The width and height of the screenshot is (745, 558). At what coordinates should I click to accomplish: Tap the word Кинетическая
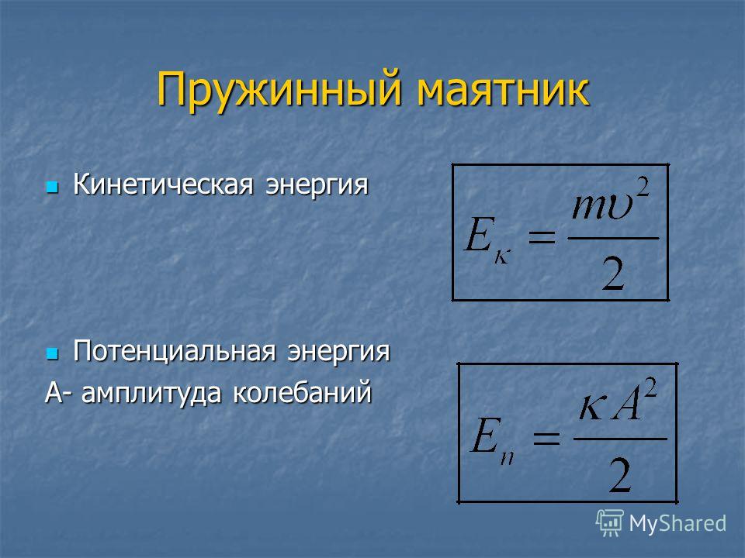[x=163, y=184]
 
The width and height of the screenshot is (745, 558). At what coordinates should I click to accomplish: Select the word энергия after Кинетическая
[x=317, y=185]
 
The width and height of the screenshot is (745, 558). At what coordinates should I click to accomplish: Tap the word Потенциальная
[x=175, y=350]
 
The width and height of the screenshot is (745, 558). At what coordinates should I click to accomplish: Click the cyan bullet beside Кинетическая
[x=52, y=187]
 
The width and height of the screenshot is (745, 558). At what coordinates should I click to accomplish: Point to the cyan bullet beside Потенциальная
[x=52, y=353]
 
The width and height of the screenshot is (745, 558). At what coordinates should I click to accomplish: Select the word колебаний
[x=302, y=392]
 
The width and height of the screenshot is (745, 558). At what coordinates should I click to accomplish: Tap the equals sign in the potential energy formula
[x=546, y=437]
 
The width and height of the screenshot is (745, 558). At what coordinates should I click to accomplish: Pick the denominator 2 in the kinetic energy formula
[x=613, y=273]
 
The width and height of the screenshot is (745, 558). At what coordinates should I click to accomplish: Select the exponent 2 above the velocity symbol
[x=643, y=187]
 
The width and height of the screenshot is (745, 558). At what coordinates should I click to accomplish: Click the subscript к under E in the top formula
[x=502, y=257]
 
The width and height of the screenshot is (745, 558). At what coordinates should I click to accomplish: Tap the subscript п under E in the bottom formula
[x=507, y=457]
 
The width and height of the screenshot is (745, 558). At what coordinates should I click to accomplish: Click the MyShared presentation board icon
[x=610, y=522]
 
